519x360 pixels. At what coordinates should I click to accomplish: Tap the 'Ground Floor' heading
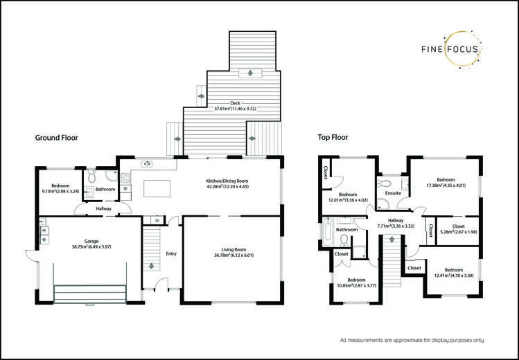pyautogui.click(x=57, y=138)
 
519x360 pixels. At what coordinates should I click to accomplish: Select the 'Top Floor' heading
pyautogui.click(x=333, y=138)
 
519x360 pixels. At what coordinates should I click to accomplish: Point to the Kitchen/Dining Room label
pyautogui.click(x=227, y=181)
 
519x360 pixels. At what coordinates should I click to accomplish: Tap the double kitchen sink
pyautogui.click(x=147, y=163)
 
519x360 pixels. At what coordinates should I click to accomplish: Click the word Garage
pyautogui.click(x=82, y=242)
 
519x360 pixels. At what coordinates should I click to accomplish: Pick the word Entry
pyautogui.click(x=170, y=253)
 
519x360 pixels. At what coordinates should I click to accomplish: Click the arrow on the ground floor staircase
pyautogui.click(x=151, y=266)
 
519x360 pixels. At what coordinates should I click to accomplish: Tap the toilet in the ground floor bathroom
pyautogui.click(x=92, y=176)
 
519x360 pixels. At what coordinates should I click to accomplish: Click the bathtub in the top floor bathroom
pyautogui.click(x=326, y=235)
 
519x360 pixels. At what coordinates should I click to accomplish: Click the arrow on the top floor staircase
pyautogui.click(x=392, y=240)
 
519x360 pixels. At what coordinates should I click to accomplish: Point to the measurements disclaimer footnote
pyautogui.click(x=412, y=340)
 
